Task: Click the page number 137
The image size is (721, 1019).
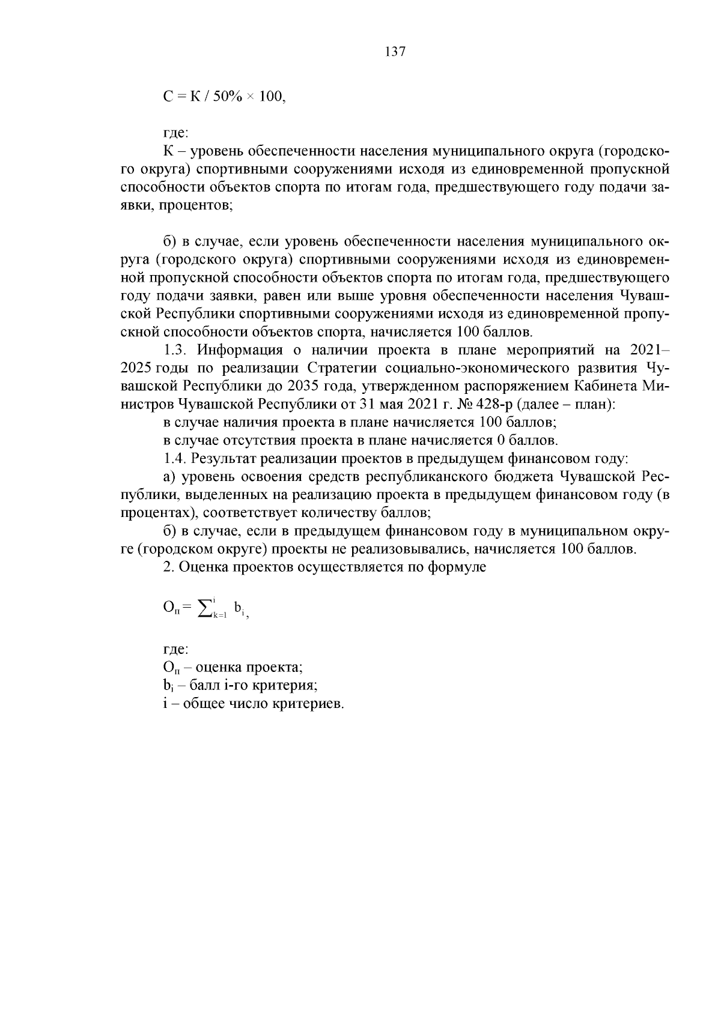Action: coord(395,52)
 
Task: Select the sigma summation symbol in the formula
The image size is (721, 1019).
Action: coord(205,608)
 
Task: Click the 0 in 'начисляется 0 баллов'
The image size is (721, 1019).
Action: coord(500,441)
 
